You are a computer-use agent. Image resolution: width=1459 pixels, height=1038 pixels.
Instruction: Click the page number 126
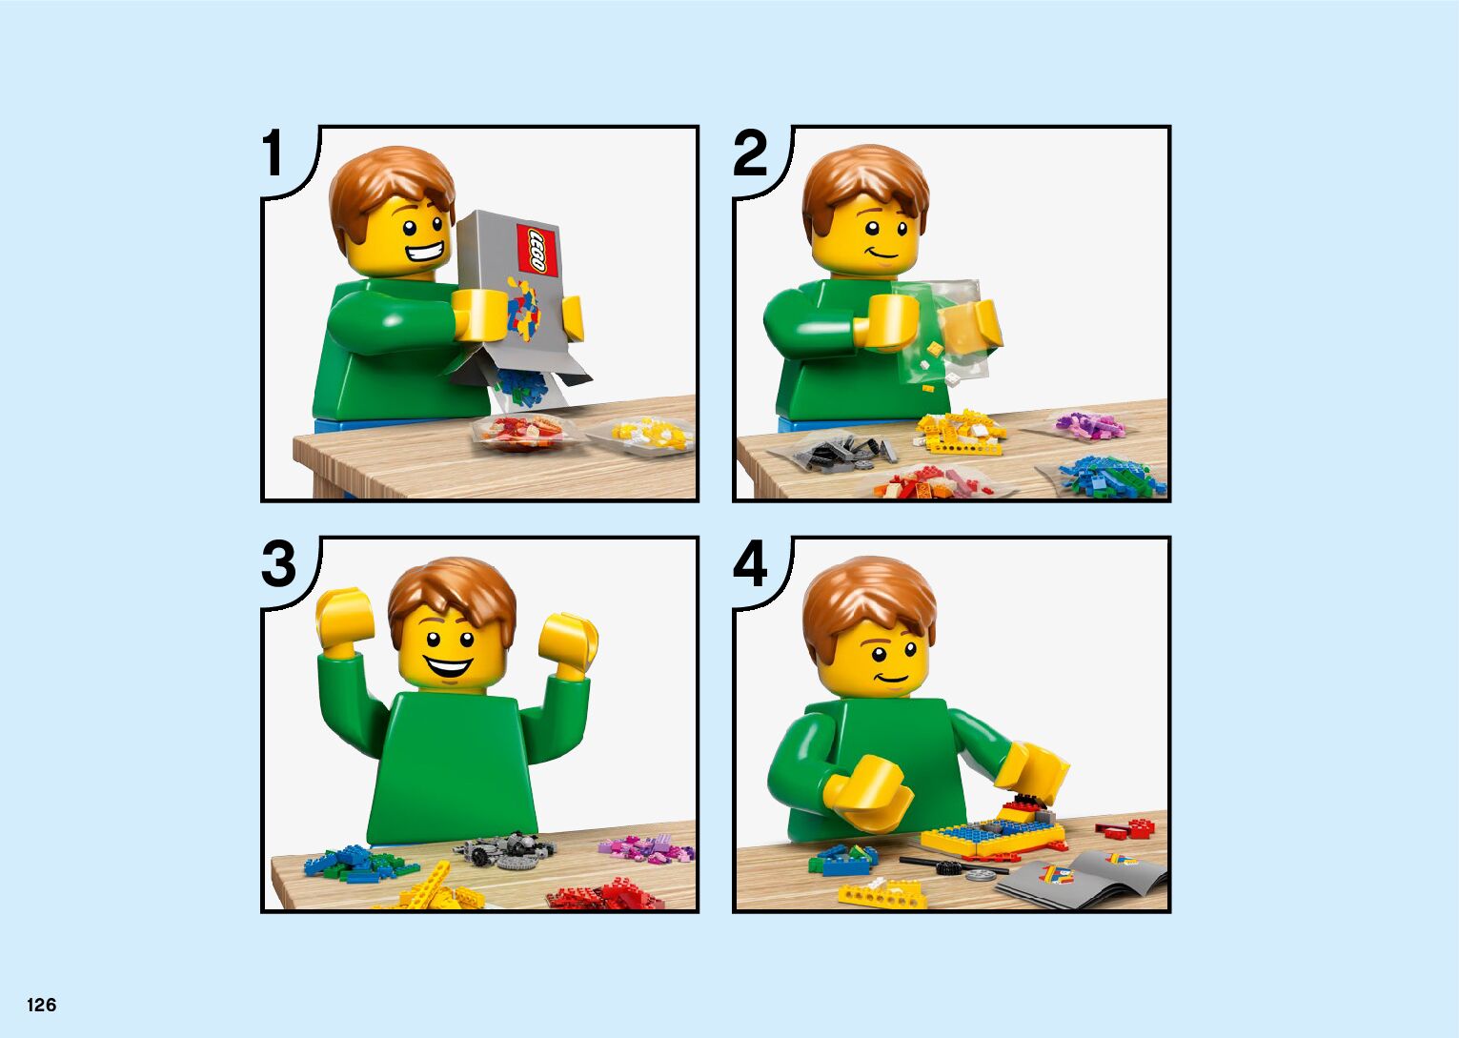42,1005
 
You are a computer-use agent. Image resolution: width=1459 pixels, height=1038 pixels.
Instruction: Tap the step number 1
273,153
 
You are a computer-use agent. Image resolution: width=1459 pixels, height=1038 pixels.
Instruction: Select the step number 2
750,153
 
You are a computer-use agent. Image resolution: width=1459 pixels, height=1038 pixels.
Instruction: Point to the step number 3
279,564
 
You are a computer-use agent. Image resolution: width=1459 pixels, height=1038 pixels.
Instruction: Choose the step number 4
750,564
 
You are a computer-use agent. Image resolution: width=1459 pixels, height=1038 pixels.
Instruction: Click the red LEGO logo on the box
537,251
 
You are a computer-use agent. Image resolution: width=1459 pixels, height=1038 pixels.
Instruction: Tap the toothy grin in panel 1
424,252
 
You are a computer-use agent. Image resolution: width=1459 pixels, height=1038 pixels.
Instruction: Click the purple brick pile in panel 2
1089,425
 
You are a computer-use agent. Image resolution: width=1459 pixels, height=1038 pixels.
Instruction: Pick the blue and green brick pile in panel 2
1110,477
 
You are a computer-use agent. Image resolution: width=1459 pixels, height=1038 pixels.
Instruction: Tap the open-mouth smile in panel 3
448,667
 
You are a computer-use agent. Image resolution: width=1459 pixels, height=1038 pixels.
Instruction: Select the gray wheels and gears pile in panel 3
505,850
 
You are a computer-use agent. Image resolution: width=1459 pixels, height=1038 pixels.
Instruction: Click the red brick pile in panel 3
606,894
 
